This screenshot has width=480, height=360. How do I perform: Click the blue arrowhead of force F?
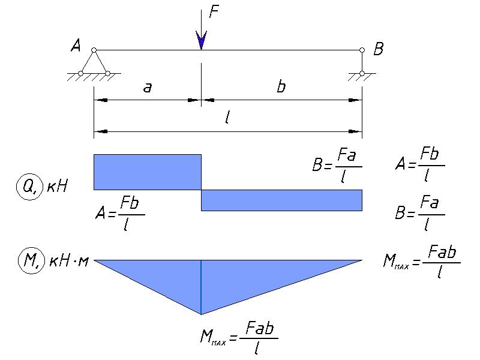[x=201, y=40]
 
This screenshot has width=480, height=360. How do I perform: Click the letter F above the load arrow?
[x=214, y=12]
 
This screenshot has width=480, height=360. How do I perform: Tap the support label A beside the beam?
[x=76, y=46]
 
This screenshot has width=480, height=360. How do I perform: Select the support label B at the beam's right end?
[x=379, y=49]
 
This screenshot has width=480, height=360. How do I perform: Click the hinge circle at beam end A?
[x=94, y=50]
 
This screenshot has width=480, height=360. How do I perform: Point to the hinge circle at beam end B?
[x=362, y=50]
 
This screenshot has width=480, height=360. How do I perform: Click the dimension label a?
[x=148, y=88]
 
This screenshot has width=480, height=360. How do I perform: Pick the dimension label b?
[x=281, y=86]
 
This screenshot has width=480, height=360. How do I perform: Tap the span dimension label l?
[x=227, y=117]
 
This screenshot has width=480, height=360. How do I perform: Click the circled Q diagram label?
[x=28, y=187]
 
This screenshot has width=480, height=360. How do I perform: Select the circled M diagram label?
[x=31, y=261]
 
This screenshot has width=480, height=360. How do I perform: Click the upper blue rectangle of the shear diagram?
[x=148, y=172]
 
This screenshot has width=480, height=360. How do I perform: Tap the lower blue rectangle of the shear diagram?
[x=281, y=200]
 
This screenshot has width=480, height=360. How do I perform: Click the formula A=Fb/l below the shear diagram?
[x=119, y=213]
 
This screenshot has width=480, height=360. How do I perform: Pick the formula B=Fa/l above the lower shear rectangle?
[x=337, y=166]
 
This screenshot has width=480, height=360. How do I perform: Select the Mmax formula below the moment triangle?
[x=239, y=338]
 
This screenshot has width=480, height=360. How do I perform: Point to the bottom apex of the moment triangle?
[x=201, y=314]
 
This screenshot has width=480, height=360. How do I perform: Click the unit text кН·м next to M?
[x=69, y=262]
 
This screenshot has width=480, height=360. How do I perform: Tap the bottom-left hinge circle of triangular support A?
[x=80, y=73]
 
